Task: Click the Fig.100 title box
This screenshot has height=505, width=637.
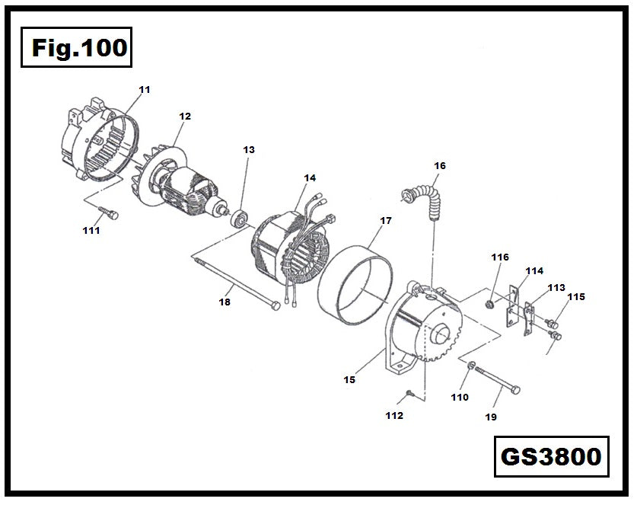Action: (76, 48)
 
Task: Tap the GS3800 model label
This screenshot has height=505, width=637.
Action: (551, 456)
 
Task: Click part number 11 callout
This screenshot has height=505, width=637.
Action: (145, 90)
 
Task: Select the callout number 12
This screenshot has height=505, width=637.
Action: (185, 117)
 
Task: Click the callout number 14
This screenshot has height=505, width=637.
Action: (309, 177)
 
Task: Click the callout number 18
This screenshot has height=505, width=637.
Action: (225, 302)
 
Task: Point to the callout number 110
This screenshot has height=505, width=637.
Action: (459, 397)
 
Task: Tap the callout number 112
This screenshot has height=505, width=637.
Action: (393, 415)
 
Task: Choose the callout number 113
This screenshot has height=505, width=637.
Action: (556, 288)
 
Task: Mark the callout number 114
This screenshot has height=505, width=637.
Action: (534, 270)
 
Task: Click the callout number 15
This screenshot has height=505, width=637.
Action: (349, 379)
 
